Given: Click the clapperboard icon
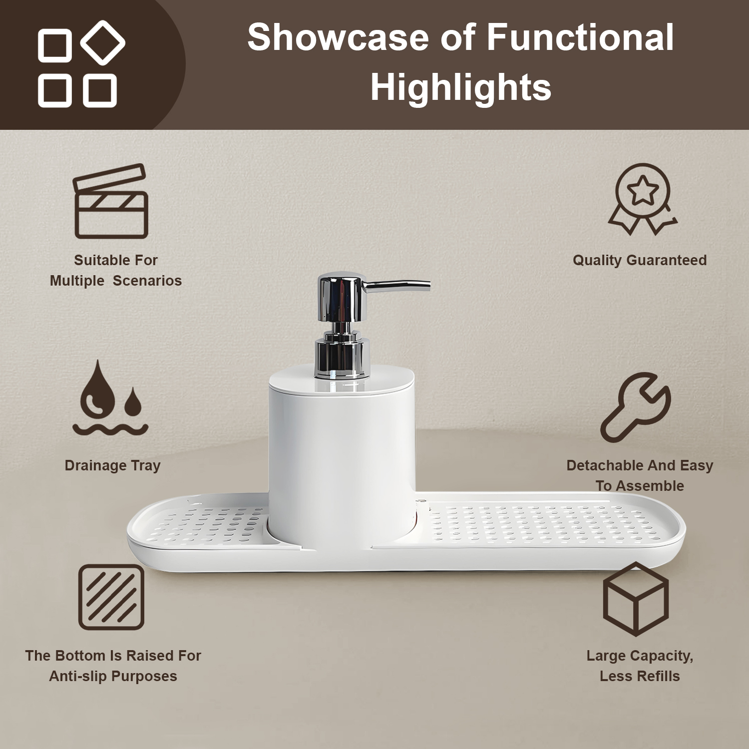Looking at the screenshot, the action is click(x=111, y=201).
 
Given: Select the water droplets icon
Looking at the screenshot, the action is click(x=110, y=398).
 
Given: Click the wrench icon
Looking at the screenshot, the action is click(x=636, y=407).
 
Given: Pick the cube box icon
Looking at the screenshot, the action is click(x=636, y=599).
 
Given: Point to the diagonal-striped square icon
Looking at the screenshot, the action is click(x=111, y=597).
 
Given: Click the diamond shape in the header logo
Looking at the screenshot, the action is click(x=102, y=43).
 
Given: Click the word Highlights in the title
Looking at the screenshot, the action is click(x=461, y=87).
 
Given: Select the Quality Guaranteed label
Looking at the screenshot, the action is click(x=640, y=260).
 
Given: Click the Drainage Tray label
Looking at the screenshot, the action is click(x=113, y=465).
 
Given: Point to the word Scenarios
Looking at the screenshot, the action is click(x=147, y=281).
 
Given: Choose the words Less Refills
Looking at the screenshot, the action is click(x=640, y=676).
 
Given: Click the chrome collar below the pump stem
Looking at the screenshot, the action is click(x=342, y=357).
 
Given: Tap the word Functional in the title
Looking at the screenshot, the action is click(x=580, y=37).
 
